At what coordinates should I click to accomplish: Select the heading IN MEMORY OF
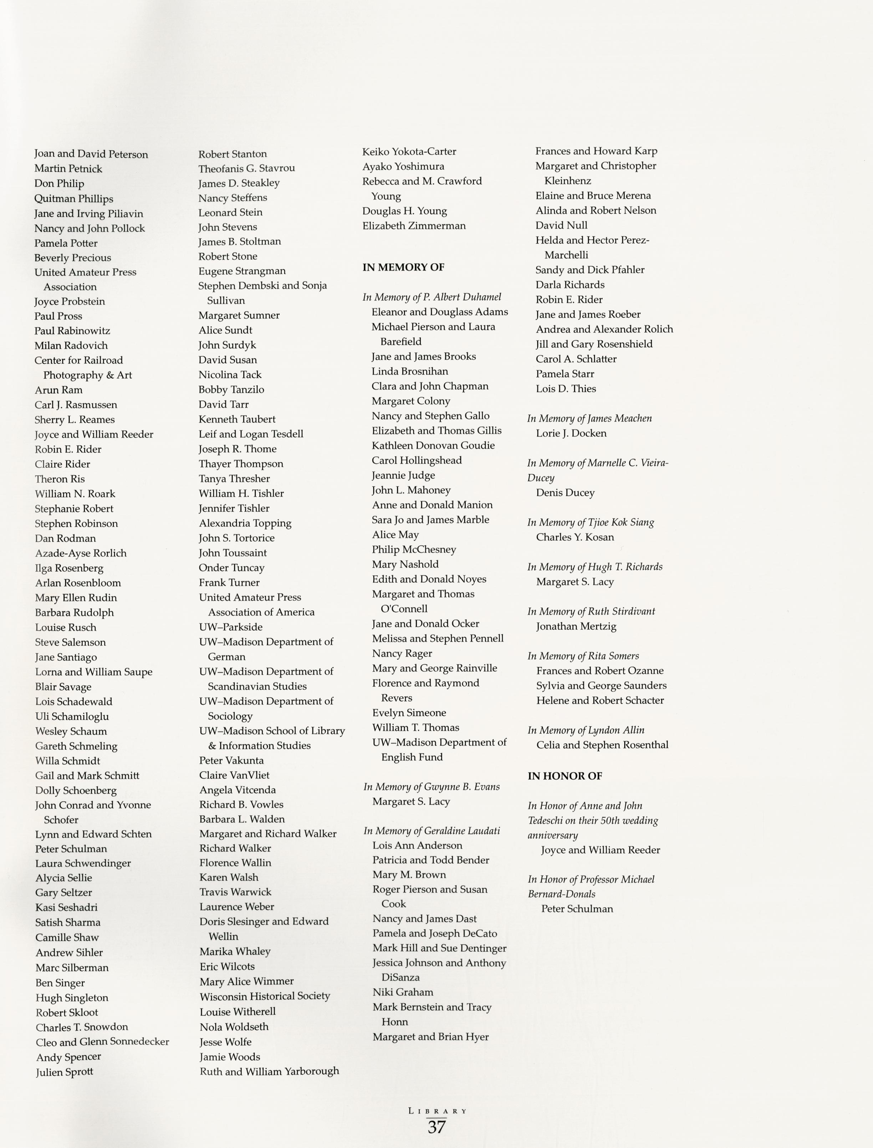click(403, 267)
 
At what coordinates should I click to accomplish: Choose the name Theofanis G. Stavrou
click(246, 168)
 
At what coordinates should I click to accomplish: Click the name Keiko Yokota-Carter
click(409, 151)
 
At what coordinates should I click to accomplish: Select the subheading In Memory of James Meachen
click(589, 418)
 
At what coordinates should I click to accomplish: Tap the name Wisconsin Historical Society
click(265, 996)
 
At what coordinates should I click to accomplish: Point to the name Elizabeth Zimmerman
click(414, 225)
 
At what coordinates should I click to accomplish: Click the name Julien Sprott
click(65, 1072)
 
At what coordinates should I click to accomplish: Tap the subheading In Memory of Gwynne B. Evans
click(431, 787)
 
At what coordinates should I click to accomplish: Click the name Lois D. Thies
click(566, 389)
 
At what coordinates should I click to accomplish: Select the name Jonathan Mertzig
click(576, 626)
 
